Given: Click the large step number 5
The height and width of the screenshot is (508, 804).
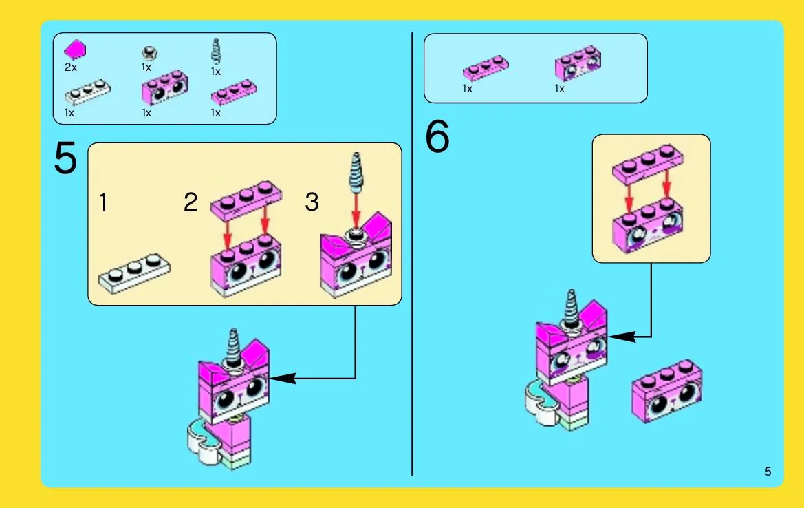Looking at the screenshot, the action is coord(65,158).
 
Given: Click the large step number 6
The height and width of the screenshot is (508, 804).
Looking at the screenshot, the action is coord(437,136).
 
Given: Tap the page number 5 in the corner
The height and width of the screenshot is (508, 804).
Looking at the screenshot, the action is coord(768,471).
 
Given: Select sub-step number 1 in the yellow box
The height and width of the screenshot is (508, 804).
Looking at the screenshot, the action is coord(104,202).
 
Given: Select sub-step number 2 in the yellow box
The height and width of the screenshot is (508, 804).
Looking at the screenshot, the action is coord(191,202).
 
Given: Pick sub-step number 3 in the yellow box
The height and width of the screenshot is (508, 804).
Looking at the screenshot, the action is coord(312,202).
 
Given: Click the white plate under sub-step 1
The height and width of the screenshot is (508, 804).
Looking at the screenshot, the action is coord(134,273).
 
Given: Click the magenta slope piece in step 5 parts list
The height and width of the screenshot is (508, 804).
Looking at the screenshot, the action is coord(75,50).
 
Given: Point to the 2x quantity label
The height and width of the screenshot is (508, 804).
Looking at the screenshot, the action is coord(71,67).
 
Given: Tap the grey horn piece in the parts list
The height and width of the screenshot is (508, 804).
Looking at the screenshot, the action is coord(216,52).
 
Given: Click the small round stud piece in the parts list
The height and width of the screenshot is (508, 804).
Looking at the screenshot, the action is coord(149,52).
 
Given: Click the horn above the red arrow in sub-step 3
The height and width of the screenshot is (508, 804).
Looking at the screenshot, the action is coord(355,172).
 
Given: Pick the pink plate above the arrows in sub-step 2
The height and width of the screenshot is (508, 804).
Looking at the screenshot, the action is coord(246,200).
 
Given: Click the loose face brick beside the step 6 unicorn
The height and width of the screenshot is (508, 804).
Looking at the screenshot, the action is coord(667,391).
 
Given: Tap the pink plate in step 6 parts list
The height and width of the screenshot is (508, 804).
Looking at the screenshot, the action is coord(486,68).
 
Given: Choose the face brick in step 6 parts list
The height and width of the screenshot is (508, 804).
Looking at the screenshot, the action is coord(578,63).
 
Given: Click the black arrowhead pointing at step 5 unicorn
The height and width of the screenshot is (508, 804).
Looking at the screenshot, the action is coord(283,379).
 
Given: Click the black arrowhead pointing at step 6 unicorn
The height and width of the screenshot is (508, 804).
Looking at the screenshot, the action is coord(622,337).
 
